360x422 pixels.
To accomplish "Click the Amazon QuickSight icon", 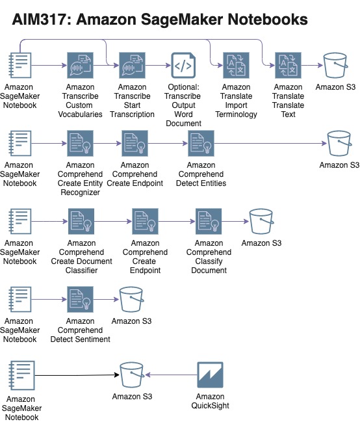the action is pyautogui.click(x=210, y=375).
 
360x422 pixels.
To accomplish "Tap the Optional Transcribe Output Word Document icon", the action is pyautogui.click(x=183, y=66).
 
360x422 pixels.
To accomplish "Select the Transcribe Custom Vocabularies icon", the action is pyautogui.click(x=80, y=66).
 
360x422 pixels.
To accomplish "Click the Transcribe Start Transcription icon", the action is pyautogui.click(x=132, y=66).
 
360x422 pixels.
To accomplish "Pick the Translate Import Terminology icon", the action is pyautogui.click(x=237, y=66).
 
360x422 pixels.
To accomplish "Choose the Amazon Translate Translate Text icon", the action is pyautogui.click(x=288, y=66).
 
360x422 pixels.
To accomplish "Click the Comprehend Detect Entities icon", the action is pyautogui.click(x=201, y=144).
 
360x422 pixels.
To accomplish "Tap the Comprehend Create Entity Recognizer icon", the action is pyautogui.click(x=80, y=144).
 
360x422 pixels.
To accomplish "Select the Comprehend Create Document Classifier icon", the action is pyautogui.click(x=81, y=222).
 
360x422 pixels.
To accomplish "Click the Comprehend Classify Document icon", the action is pyautogui.click(x=209, y=222).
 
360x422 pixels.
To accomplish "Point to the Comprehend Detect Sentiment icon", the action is pyautogui.click(x=80, y=300).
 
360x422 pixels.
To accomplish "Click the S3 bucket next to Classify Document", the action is pyautogui.click(x=261, y=222).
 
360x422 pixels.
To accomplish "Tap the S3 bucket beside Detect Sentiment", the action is pyautogui.click(x=131, y=300).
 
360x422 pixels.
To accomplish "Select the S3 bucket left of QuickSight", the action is pyautogui.click(x=132, y=375).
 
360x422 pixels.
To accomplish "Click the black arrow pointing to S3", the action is pyautogui.click(x=77, y=375).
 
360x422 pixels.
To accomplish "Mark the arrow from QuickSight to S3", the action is pyautogui.click(x=171, y=375).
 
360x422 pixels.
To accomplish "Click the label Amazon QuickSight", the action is pyautogui.click(x=210, y=401).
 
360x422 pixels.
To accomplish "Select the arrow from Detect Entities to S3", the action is pyautogui.click(x=271, y=144).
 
